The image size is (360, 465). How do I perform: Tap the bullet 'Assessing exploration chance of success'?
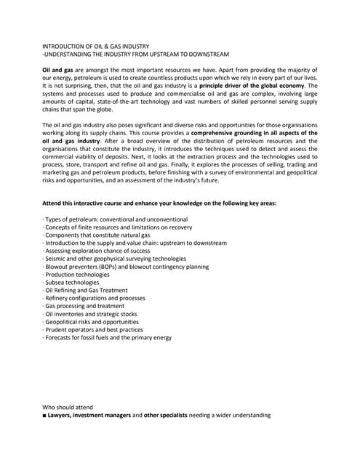click(95, 251)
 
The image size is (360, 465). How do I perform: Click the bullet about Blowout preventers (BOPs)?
click(126, 267)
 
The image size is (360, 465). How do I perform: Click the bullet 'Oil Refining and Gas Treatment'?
click(84, 291)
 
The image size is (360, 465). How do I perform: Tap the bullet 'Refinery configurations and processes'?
click(94, 298)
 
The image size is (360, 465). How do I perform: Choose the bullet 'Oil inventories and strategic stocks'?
click(90, 314)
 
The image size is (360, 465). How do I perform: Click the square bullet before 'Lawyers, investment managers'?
click(44, 416)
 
